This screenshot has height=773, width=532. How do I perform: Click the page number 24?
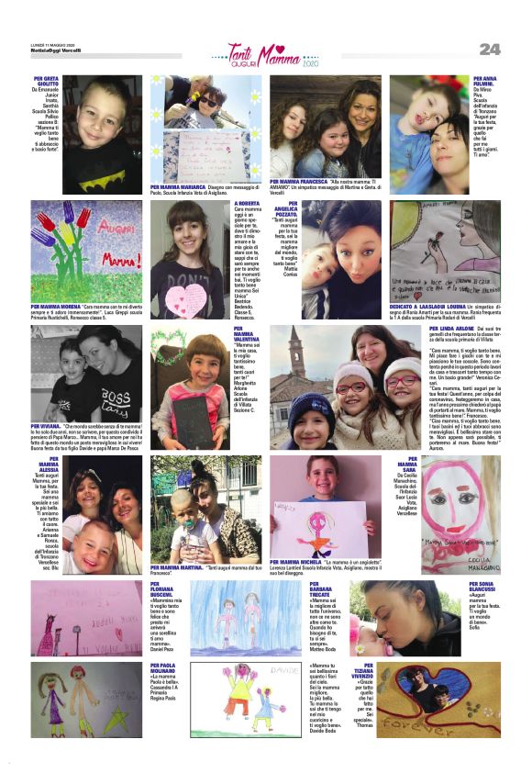coord(490,49)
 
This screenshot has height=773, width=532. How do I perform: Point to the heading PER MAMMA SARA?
coord(407,465)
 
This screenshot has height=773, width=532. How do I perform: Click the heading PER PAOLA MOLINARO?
coord(162,667)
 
